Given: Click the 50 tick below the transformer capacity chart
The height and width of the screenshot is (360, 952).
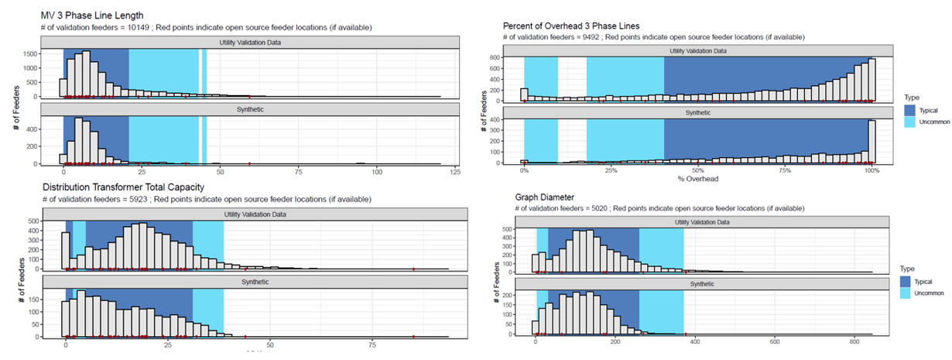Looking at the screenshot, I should point(270,343).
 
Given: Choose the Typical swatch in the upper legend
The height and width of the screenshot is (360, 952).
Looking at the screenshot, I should point(910,110).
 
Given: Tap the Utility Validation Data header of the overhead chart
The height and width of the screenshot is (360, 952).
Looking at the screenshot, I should point(698,51).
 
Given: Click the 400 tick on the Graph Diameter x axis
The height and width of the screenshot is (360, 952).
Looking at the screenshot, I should point(695,342).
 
